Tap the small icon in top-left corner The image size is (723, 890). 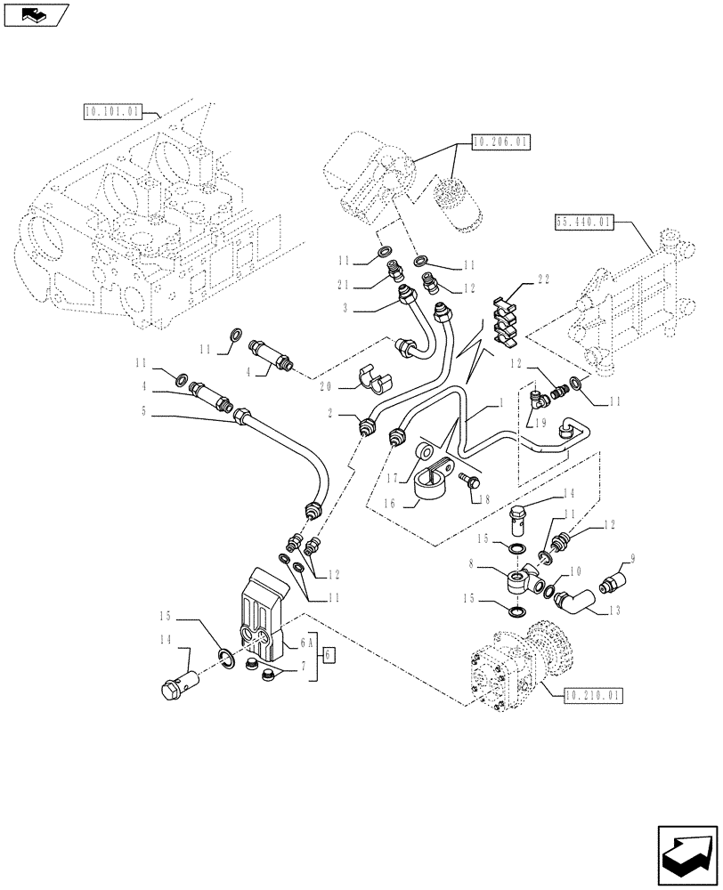(x=35, y=13)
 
